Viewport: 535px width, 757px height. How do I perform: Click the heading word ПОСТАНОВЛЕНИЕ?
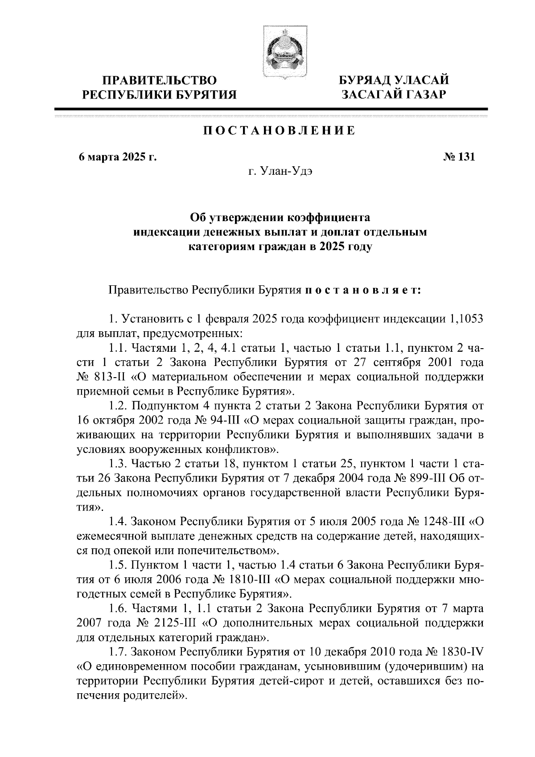(280, 131)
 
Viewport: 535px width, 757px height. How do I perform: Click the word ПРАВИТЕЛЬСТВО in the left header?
(160, 81)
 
